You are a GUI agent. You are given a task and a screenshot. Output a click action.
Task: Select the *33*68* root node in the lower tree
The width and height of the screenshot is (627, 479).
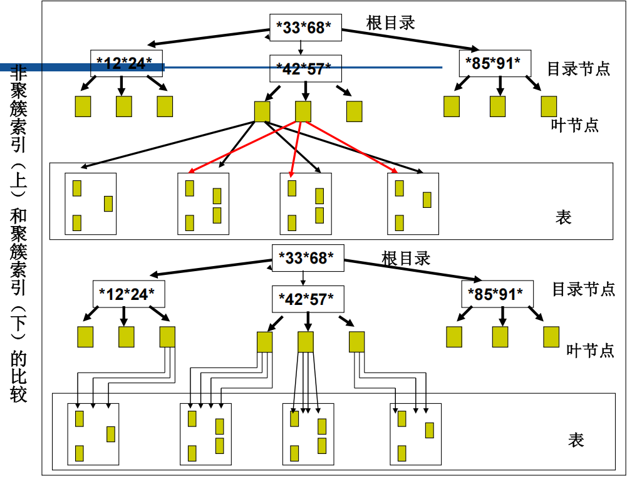(308, 257)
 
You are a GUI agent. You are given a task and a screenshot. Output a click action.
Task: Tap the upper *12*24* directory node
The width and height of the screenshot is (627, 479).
(126, 63)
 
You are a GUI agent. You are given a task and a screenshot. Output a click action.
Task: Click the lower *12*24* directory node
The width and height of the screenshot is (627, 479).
(127, 294)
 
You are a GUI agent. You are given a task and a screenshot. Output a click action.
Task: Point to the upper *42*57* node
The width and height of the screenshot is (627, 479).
(305, 68)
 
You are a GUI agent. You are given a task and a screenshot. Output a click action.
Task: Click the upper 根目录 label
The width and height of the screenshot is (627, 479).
(391, 23)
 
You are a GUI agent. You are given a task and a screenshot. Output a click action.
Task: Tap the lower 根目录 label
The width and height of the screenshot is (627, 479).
(406, 257)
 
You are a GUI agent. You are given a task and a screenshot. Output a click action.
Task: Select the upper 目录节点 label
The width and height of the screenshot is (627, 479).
(578, 68)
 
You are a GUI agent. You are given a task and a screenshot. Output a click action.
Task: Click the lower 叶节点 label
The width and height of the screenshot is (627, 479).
(590, 349)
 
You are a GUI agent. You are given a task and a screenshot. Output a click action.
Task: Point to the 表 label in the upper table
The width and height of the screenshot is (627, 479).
(563, 217)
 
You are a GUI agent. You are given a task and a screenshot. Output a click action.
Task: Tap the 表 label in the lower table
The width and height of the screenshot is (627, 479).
(576, 440)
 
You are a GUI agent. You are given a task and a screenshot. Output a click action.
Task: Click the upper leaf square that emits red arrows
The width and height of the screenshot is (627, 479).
(303, 111)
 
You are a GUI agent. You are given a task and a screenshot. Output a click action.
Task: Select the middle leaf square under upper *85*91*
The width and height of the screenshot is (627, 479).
(498, 106)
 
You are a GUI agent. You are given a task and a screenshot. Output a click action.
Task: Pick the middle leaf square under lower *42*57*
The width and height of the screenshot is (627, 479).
(306, 342)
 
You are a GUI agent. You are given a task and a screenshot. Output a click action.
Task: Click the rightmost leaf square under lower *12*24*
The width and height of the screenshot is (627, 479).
(167, 337)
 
